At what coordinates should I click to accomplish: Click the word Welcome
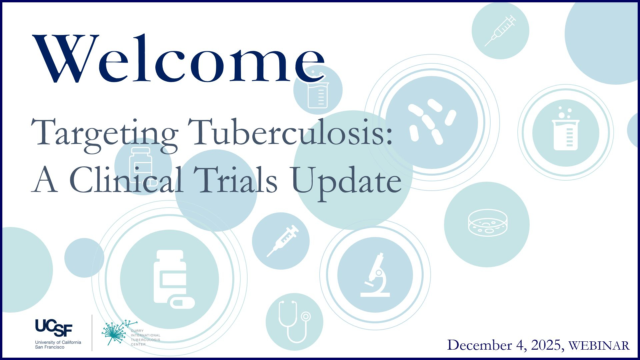(179, 58)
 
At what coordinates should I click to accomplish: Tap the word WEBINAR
(599, 346)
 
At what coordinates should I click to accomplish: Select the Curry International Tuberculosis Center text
(145, 338)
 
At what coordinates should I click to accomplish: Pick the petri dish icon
(487, 223)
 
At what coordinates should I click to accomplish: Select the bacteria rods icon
(432, 122)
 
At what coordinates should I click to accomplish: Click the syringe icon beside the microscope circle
(283, 241)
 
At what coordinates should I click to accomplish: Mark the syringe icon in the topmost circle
(500, 31)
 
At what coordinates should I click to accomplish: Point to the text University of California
(58, 342)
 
